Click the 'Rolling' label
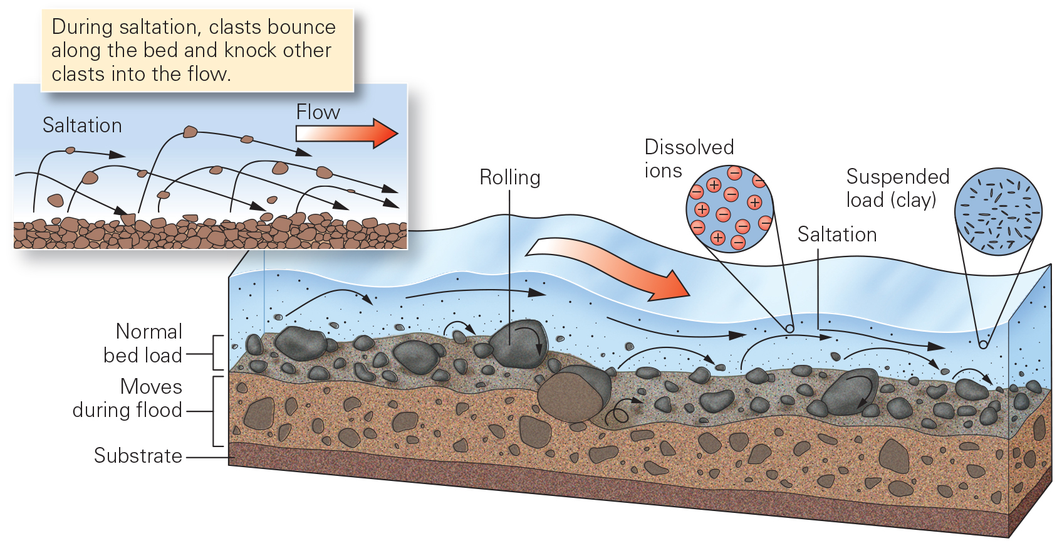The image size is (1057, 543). click(x=509, y=177)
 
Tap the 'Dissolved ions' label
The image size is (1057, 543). click(x=688, y=159)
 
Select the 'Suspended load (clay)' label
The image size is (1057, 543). click(x=897, y=188)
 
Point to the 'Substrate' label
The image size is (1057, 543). click(x=138, y=456)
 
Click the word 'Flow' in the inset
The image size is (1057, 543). click(x=318, y=112)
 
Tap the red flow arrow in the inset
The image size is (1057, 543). click(x=348, y=133)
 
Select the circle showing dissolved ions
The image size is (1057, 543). click(x=730, y=209)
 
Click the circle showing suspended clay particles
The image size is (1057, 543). click(x=998, y=211)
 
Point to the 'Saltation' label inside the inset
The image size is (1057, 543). click(x=82, y=125)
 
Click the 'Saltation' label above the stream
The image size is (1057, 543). click(x=836, y=235)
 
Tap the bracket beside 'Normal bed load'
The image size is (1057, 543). click(x=217, y=353)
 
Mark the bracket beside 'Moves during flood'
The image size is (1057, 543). click(x=217, y=411)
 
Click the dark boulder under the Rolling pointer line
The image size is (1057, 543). click(x=519, y=344)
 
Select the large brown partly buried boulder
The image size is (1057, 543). click(x=571, y=395)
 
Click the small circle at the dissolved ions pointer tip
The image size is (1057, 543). click(x=789, y=329)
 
